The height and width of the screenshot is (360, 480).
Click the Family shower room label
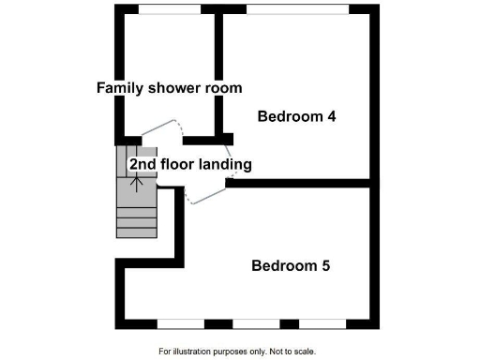click(170, 88)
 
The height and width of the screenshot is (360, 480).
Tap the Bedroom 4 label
click(296, 117)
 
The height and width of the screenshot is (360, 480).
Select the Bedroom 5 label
click(291, 265)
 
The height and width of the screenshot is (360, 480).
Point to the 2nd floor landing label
click(190, 164)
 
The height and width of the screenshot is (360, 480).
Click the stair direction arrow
click(137, 178)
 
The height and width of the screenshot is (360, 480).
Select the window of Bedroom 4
click(298, 9)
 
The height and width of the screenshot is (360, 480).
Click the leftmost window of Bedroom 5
click(180, 323)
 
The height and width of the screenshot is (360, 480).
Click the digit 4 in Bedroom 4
click(331, 117)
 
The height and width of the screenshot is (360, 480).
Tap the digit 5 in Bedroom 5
click(324, 265)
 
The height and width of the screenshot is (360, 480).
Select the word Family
click(120, 88)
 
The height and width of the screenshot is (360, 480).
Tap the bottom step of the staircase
click(136, 232)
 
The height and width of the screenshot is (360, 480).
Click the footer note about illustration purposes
click(237, 352)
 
